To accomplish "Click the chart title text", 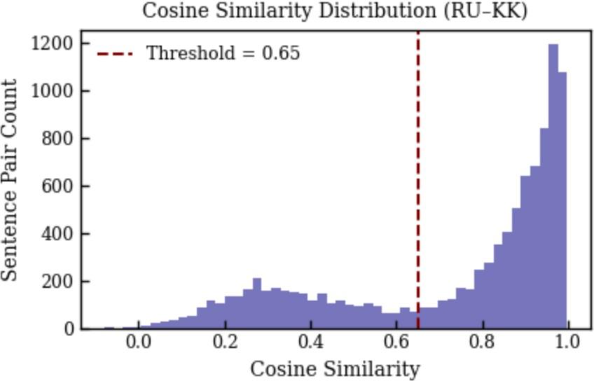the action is pyautogui.click(x=335, y=11).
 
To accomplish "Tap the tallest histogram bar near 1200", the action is pyautogui.click(x=553, y=186).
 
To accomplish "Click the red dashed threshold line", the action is pyautogui.click(x=418, y=180).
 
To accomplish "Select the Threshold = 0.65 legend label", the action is pyautogui.click(x=223, y=53).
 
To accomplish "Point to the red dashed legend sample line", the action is pyautogui.click(x=115, y=54).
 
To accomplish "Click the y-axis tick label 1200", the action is pyautogui.click(x=52, y=44).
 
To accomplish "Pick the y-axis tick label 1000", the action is pyautogui.click(x=52, y=91).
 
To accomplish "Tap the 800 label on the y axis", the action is pyautogui.click(x=57, y=139).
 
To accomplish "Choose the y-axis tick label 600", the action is pyautogui.click(x=57, y=187).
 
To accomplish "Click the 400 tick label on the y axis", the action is pyautogui.click(x=57, y=234).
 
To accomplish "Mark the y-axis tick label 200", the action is pyautogui.click(x=57, y=282).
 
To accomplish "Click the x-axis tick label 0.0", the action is pyautogui.click(x=139, y=342).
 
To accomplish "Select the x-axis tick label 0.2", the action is pyautogui.click(x=225, y=342).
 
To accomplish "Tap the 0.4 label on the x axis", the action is pyautogui.click(x=310, y=342).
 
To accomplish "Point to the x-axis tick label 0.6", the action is pyautogui.click(x=396, y=342).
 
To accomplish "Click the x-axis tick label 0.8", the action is pyautogui.click(x=483, y=342).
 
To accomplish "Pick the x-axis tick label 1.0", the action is pyautogui.click(x=568, y=342).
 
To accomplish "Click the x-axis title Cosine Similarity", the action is pyautogui.click(x=336, y=369).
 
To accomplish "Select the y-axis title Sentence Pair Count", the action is pyautogui.click(x=9, y=180).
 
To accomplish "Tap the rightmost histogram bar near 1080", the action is pyautogui.click(x=562, y=201).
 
